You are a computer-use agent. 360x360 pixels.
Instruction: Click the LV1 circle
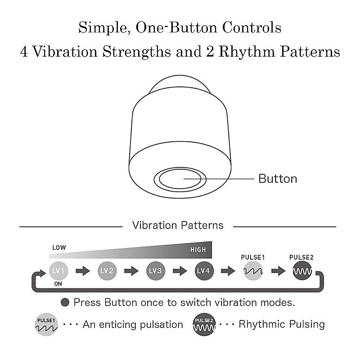tap(58, 271)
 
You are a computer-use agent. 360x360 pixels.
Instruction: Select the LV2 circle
tap(107, 271)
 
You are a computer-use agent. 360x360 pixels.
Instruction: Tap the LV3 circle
tap(155, 271)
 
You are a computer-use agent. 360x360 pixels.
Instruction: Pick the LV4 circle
tap(204, 271)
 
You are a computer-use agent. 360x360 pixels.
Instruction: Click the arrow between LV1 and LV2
tap(83, 271)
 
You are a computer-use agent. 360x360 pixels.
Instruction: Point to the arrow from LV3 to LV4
tap(180, 271)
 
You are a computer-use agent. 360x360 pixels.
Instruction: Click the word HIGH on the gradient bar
tap(198, 250)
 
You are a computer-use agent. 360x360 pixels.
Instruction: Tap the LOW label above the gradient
tap(59, 247)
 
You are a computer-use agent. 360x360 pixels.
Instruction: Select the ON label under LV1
tap(58, 284)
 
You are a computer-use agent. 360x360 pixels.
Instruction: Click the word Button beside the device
tap(278, 179)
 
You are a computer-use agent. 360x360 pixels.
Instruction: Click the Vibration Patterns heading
tap(178, 225)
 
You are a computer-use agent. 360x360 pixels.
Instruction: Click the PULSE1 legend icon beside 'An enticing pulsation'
tap(46, 324)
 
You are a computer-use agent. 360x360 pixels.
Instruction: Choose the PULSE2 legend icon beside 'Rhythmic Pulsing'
tap(204, 324)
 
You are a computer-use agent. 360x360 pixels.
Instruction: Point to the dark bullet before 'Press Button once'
tap(65, 302)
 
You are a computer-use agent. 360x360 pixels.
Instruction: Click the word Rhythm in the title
tap(247, 52)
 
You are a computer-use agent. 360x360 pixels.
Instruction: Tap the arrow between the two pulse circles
tap(278, 271)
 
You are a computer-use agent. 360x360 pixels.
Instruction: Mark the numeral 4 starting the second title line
tap(24, 51)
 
